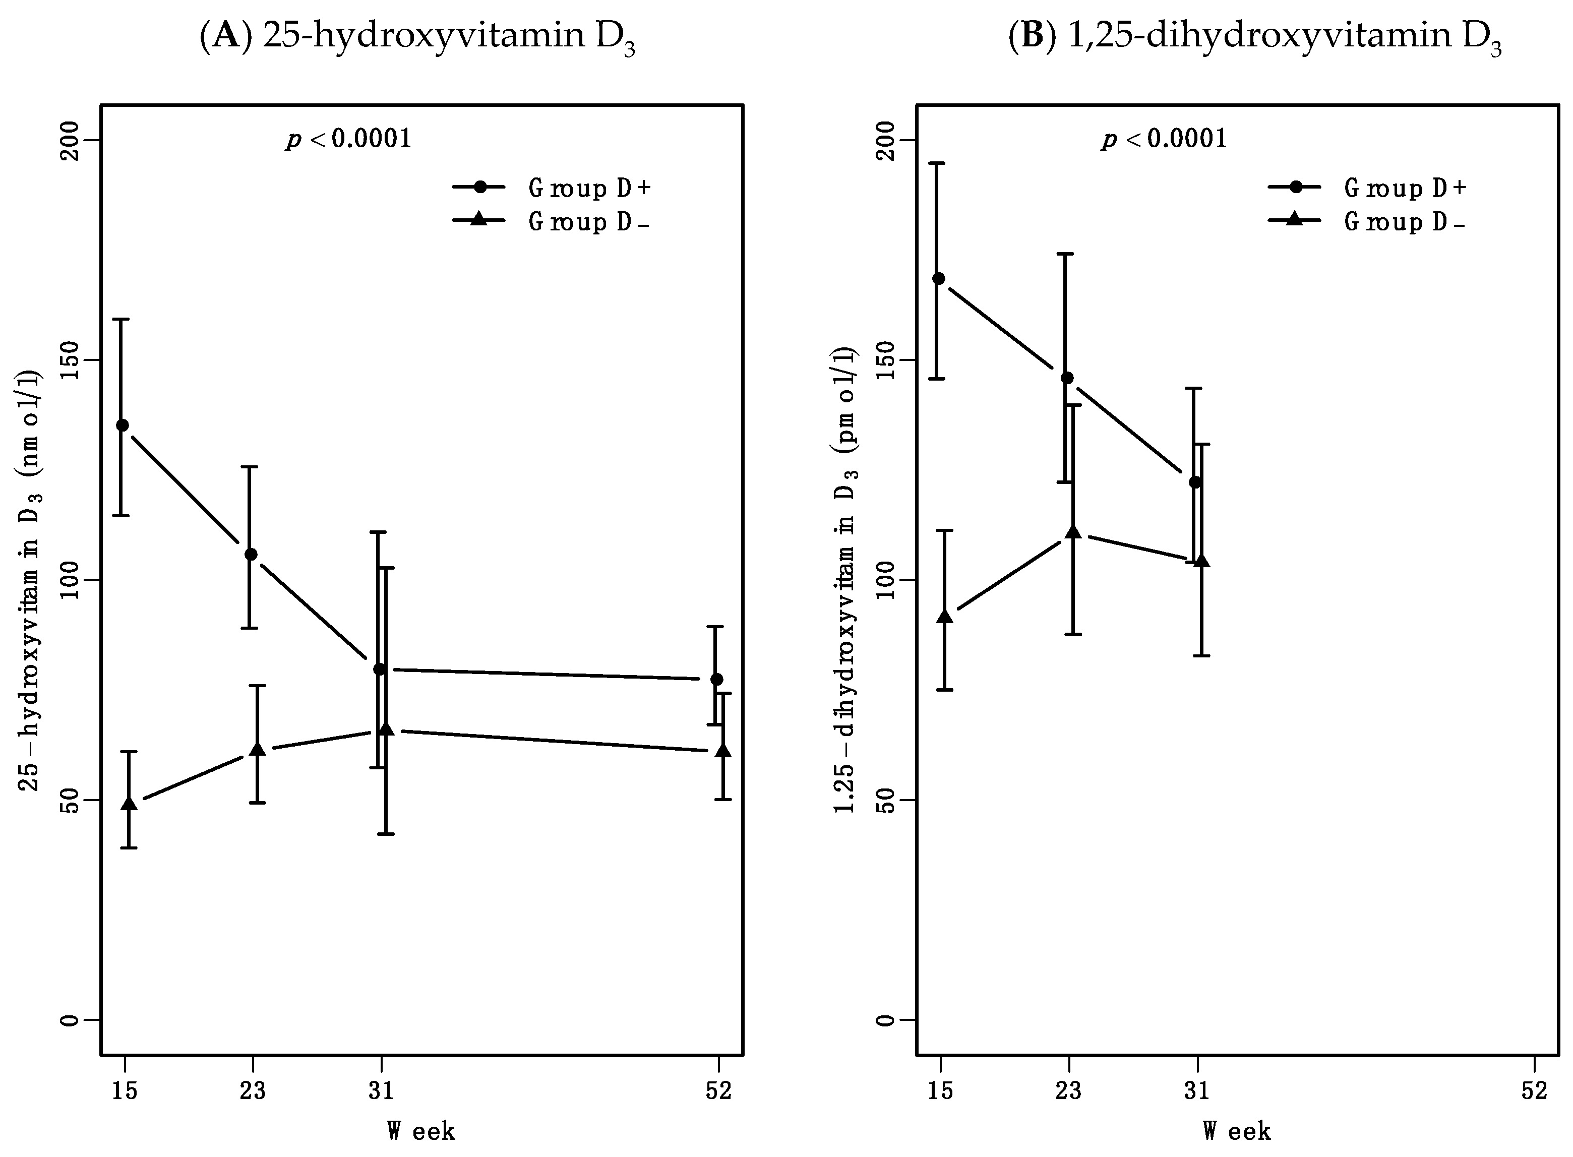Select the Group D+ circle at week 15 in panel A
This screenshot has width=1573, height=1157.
pos(122,425)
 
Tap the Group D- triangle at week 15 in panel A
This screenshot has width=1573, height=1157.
pos(129,803)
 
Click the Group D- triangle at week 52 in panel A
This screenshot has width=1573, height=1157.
pos(723,751)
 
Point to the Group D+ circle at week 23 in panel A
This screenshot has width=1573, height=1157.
pos(251,555)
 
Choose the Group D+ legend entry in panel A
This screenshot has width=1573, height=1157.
pos(553,188)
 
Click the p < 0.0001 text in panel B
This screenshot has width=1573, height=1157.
pos(1165,139)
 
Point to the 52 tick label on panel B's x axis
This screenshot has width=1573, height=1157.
pos(1533,1091)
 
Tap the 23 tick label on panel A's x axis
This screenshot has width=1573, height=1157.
pos(253,1091)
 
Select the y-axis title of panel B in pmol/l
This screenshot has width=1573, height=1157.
pos(846,581)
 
